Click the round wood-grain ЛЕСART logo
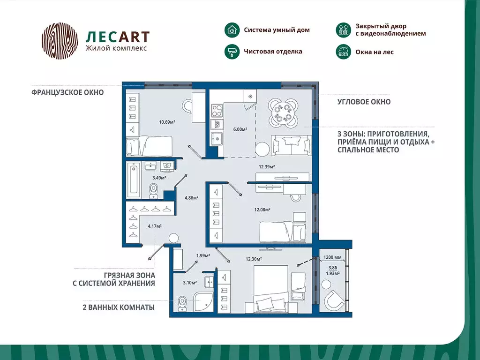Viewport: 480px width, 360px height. (60, 41)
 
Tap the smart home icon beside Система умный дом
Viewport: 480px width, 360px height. (231, 30)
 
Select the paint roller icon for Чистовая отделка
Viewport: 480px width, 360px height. (231, 52)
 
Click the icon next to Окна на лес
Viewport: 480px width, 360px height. (344, 52)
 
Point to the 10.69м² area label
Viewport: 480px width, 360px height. (167, 122)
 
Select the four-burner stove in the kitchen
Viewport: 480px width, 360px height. (217, 111)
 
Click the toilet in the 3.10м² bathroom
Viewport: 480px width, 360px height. (183, 303)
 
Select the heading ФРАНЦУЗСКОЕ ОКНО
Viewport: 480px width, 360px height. (67, 93)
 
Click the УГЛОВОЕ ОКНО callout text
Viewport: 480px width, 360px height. (364, 102)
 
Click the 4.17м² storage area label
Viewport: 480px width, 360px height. (155, 226)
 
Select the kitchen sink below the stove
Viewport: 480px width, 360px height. (217, 139)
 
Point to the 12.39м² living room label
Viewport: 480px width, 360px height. (267, 167)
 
